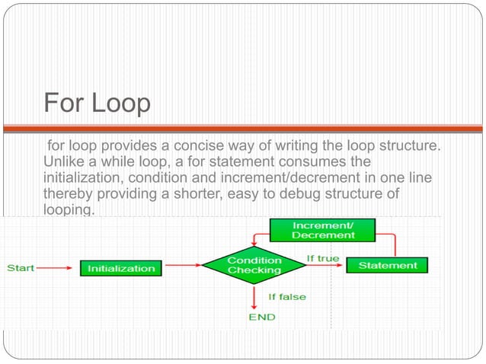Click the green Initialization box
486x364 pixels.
[121, 268]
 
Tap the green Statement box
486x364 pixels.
[388, 266]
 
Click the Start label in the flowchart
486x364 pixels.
[20, 268]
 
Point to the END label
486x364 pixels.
[261, 317]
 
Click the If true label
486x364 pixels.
[323, 258]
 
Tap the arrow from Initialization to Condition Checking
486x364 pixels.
[183, 266]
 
